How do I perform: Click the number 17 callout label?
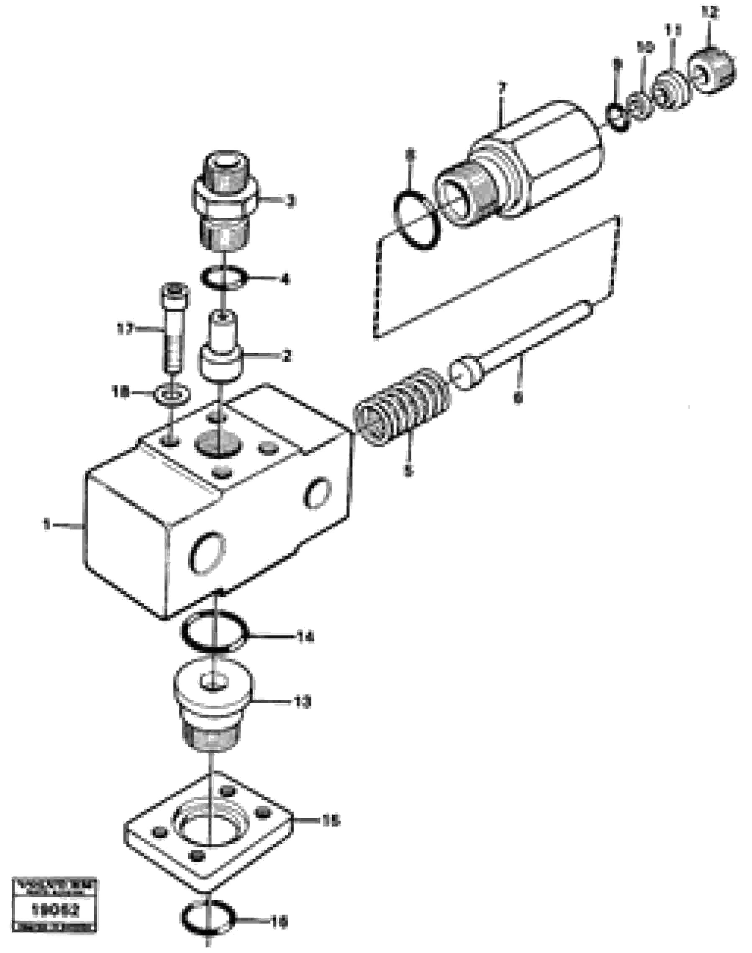pyautogui.click(x=126, y=329)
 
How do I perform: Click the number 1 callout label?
pyautogui.click(x=46, y=524)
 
